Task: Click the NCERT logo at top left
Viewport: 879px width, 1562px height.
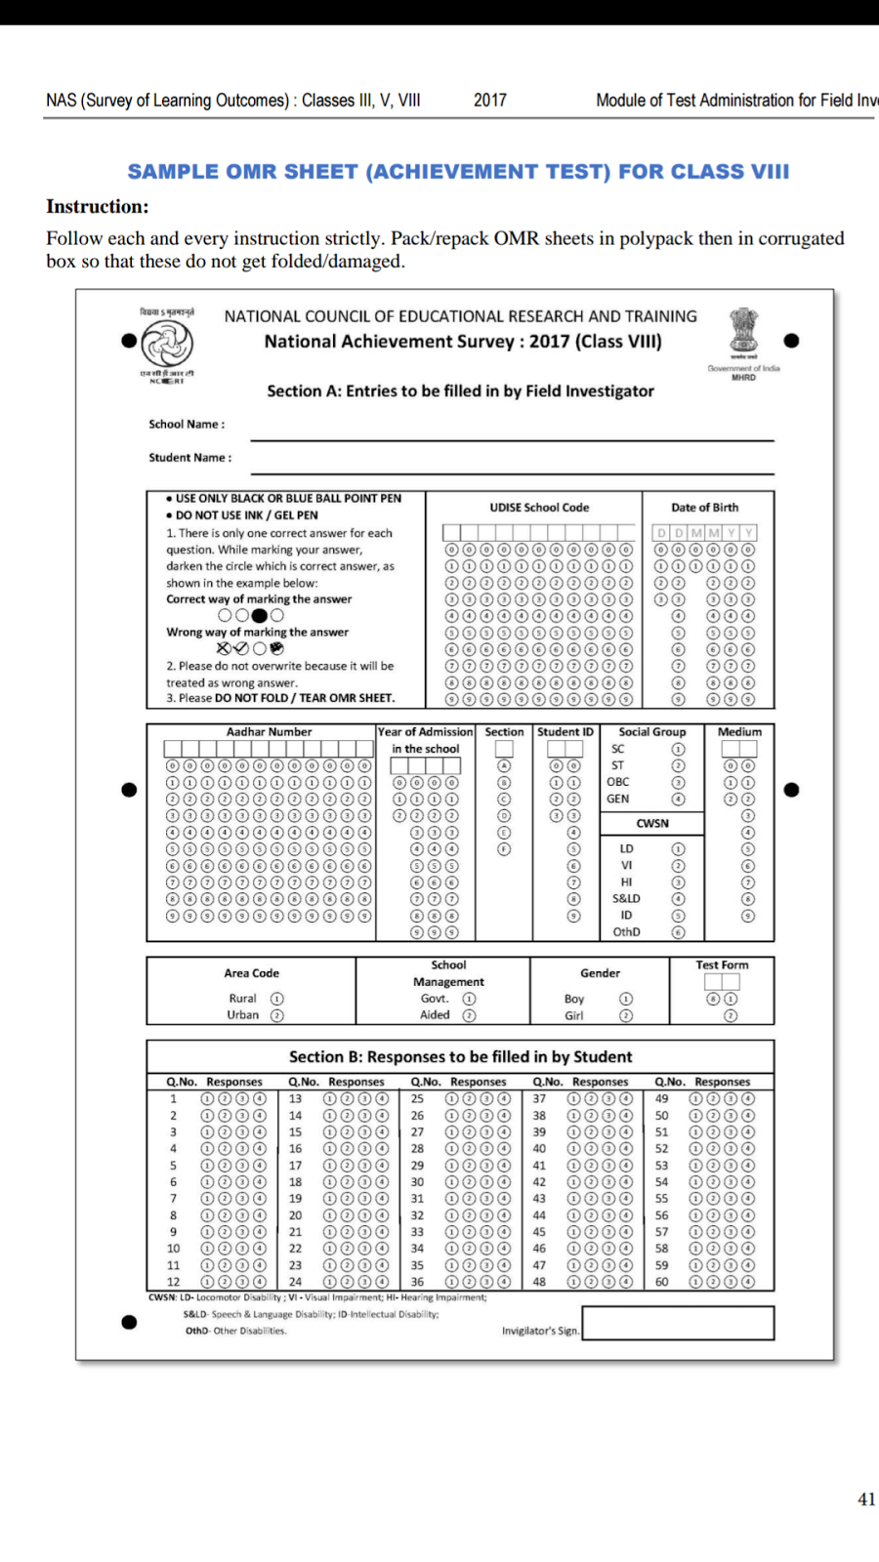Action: (x=166, y=344)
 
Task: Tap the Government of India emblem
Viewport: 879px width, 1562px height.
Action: (x=744, y=334)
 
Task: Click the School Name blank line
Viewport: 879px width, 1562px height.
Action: (x=512, y=432)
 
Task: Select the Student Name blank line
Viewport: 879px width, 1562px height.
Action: (x=512, y=465)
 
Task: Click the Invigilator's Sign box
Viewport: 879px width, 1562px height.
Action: (x=678, y=1324)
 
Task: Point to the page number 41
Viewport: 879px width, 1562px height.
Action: (x=866, y=1500)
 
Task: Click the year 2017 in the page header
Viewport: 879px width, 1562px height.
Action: (x=490, y=101)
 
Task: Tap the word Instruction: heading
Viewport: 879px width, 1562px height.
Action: (x=98, y=207)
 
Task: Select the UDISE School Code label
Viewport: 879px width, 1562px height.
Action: (x=539, y=508)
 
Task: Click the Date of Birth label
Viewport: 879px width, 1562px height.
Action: (x=704, y=508)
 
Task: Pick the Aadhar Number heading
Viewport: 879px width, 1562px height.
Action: (x=269, y=732)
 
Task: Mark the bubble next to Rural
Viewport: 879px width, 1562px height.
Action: (x=277, y=999)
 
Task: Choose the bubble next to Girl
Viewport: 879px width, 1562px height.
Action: (x=626, y=1015)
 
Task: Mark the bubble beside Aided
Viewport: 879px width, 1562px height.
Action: (x=469, y=1015)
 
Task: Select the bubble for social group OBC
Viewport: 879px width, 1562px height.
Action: (x=678, y=783)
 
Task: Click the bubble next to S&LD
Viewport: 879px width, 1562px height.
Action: (x=678, y=899)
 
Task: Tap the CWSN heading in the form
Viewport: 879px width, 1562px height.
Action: (x=652, y=824)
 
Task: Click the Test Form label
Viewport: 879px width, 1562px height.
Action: (x=722, y=966)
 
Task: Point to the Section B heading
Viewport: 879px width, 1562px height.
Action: (x=460, y=1057)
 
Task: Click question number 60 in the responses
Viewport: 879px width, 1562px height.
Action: (x=661, y=1282)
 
